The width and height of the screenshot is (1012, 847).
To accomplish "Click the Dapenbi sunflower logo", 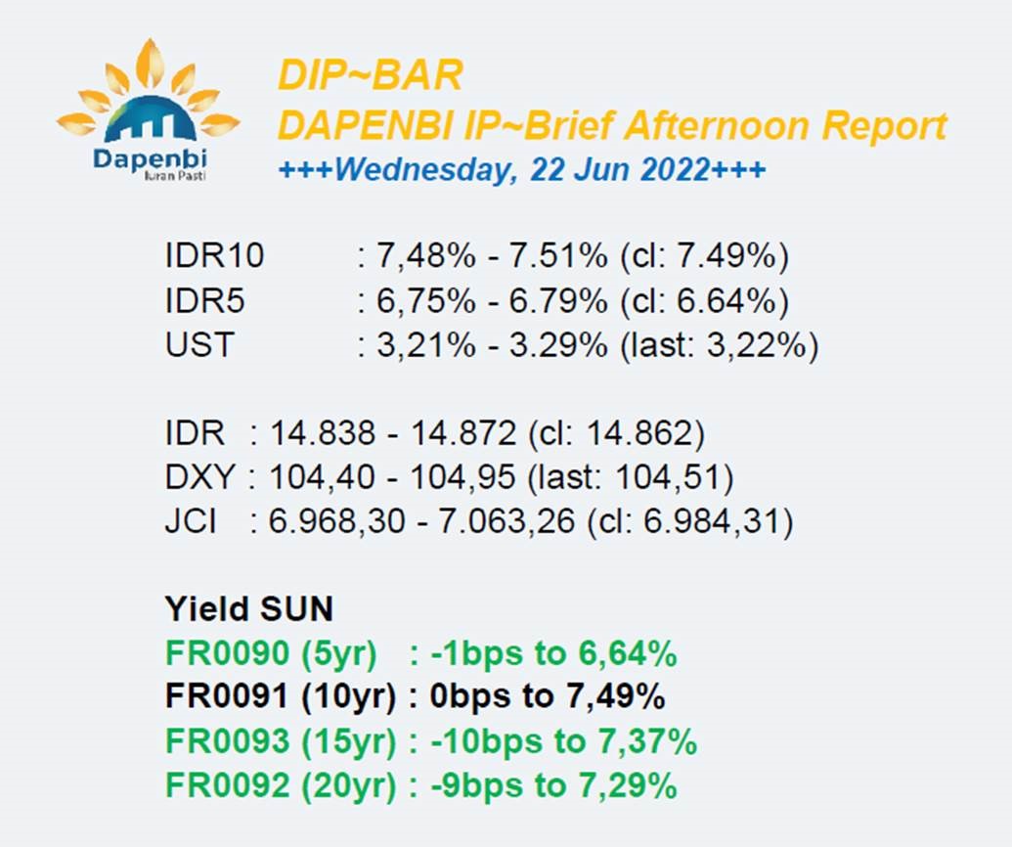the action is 149,110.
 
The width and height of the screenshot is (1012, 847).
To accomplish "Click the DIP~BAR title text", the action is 370,74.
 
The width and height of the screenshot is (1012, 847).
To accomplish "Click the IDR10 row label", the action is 214,255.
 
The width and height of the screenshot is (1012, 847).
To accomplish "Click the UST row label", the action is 198,344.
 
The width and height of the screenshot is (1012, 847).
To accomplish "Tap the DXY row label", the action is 199,477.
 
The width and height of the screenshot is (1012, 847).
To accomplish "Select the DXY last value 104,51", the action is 668,477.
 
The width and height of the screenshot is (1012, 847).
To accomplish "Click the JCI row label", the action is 191,521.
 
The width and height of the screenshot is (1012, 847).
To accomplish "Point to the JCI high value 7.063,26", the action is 506,521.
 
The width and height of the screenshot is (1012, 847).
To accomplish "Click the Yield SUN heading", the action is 249,608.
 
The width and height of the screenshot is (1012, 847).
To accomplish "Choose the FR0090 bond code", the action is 227,653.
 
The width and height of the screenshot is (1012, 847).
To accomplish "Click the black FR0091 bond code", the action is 227,696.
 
